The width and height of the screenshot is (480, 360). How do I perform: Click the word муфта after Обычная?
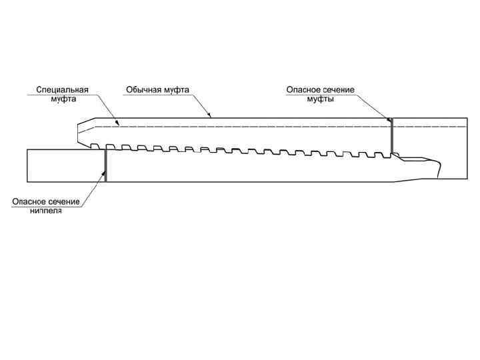pos(177,89)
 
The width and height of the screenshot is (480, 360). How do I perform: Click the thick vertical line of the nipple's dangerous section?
pos(105,165)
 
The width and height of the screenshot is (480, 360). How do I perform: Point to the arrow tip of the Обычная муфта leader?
pos(211,118)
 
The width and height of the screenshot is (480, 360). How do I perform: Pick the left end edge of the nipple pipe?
pos(27,165)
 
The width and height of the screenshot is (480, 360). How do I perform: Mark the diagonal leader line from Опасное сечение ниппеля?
pos(93,190)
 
